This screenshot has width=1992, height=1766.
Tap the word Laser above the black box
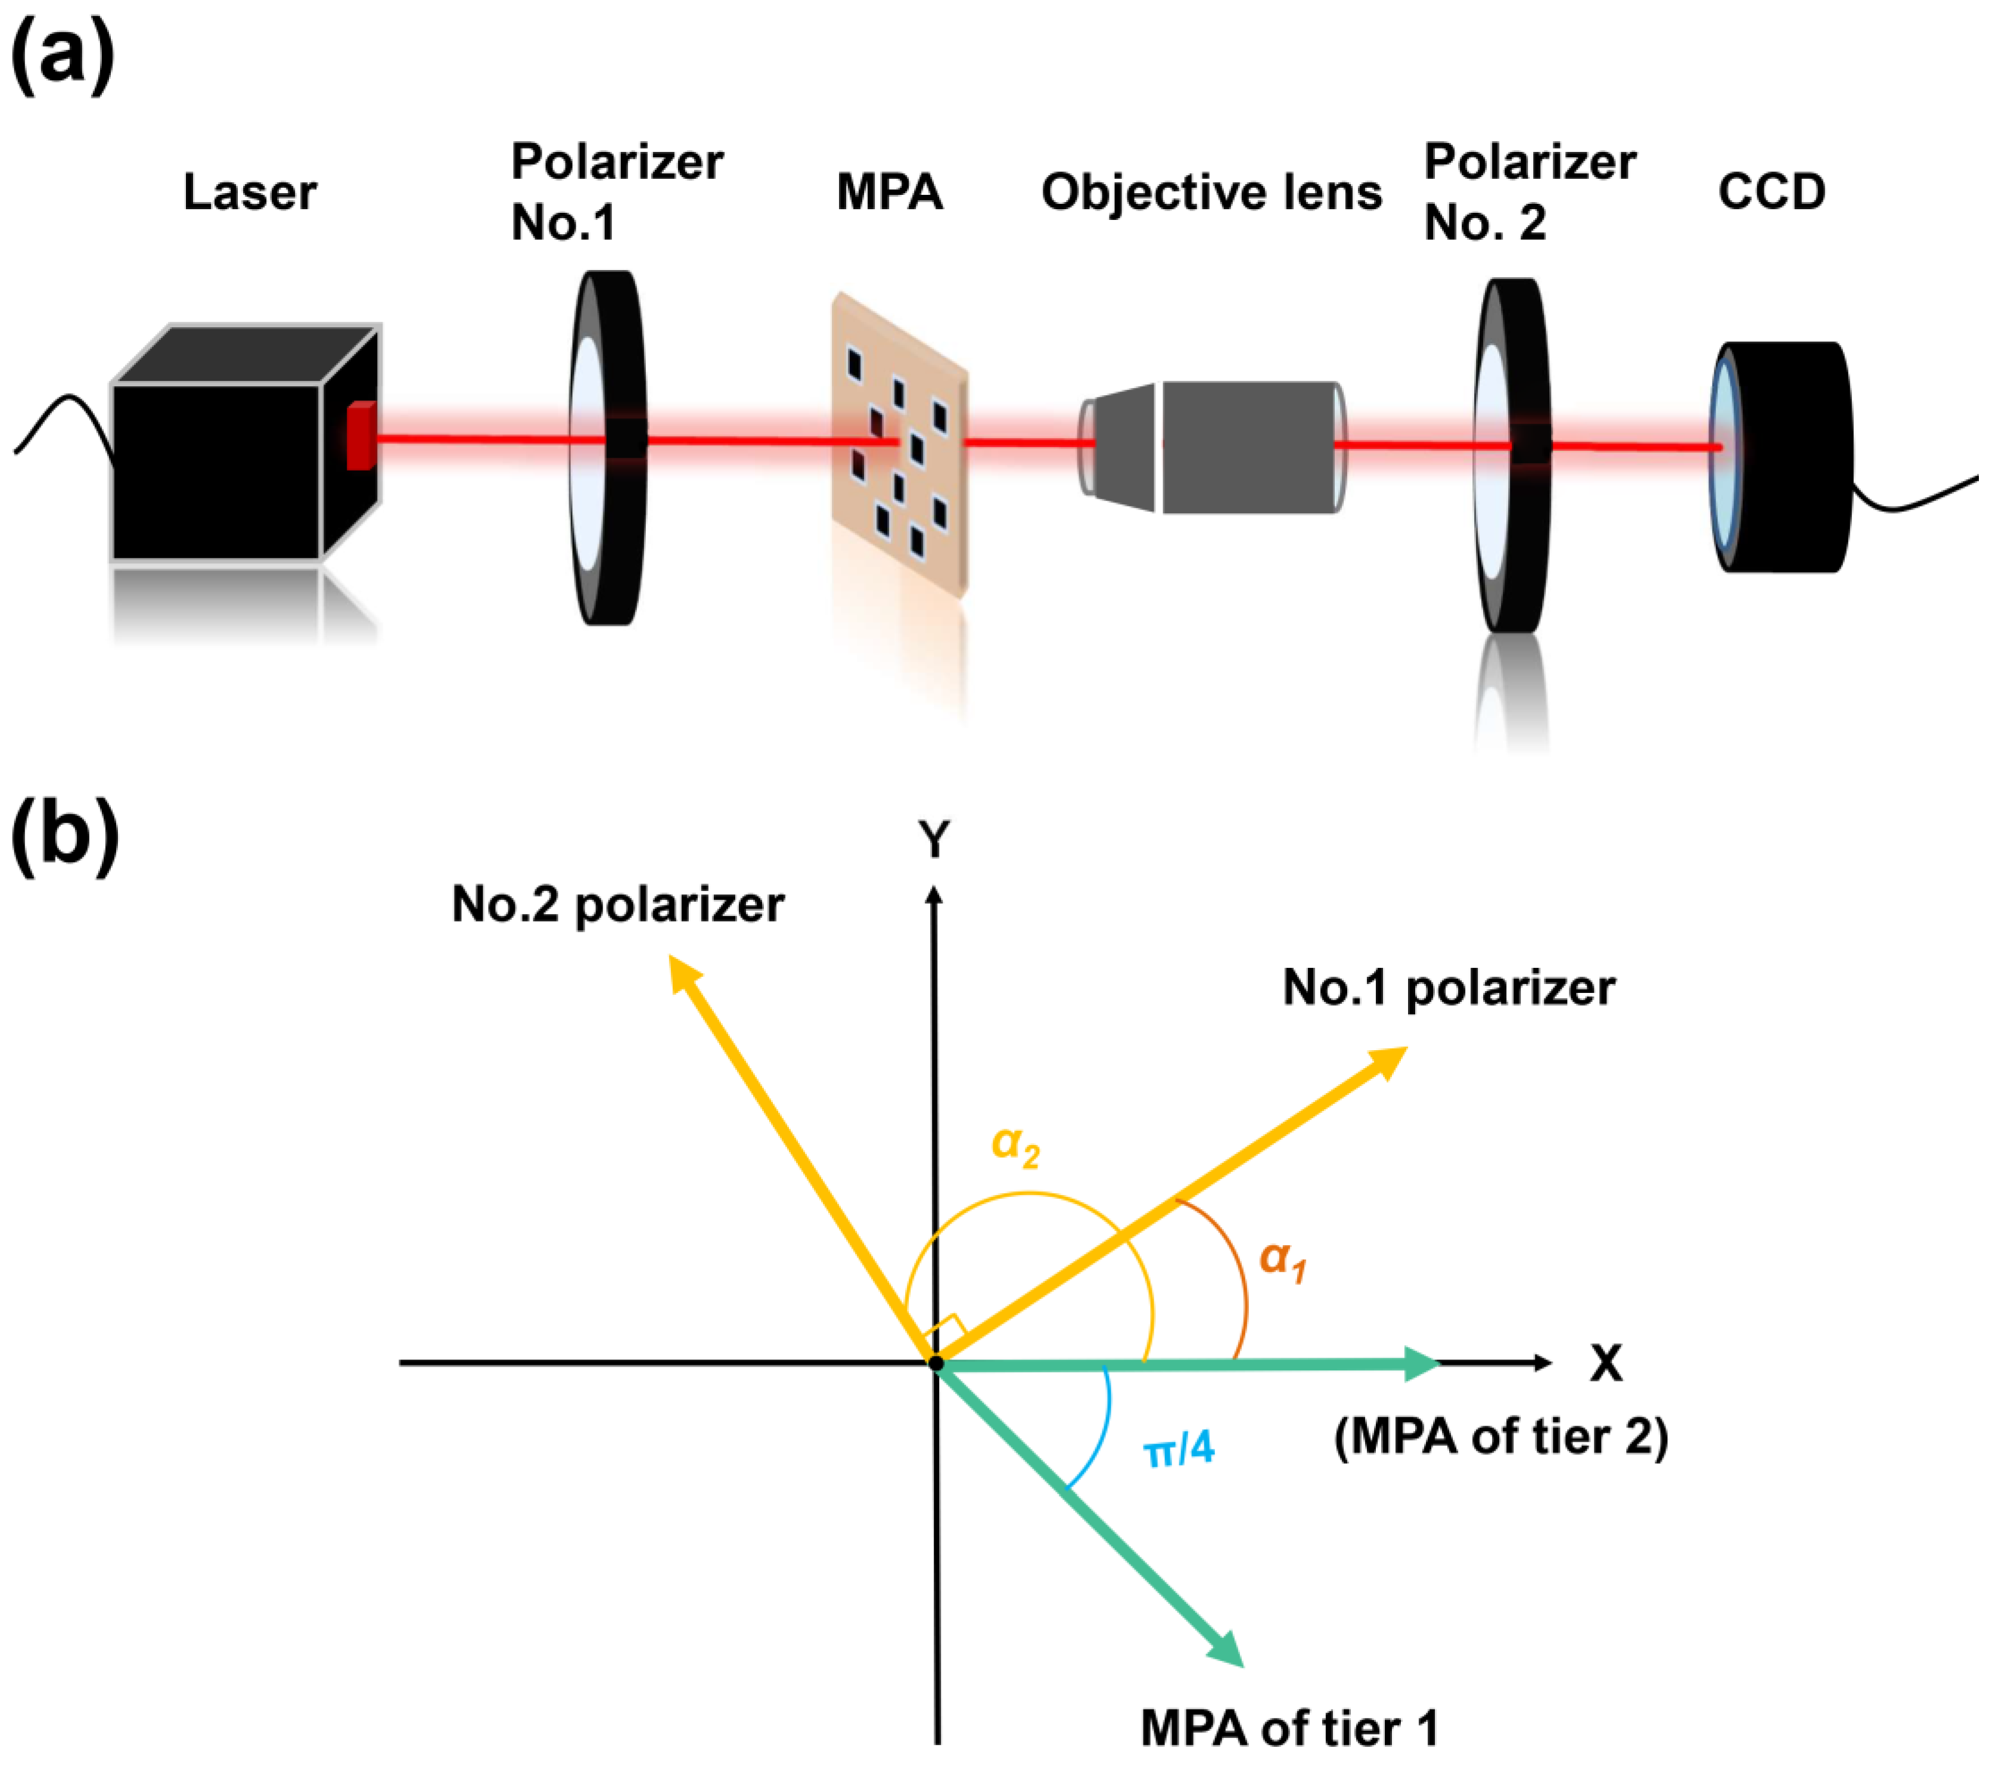[x=250, y=192]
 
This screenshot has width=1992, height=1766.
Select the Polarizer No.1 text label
[x=616, y=192]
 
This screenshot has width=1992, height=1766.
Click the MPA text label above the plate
[x=889, y=192]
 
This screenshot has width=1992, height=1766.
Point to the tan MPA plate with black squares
[x=899, y=443]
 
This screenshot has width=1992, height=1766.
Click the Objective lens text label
[x=1211, y=192]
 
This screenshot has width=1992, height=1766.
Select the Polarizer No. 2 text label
[x=1529, y=192]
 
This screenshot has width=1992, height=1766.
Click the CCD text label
[x=1771, y=192]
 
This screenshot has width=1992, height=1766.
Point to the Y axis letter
[x=934, y=838]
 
